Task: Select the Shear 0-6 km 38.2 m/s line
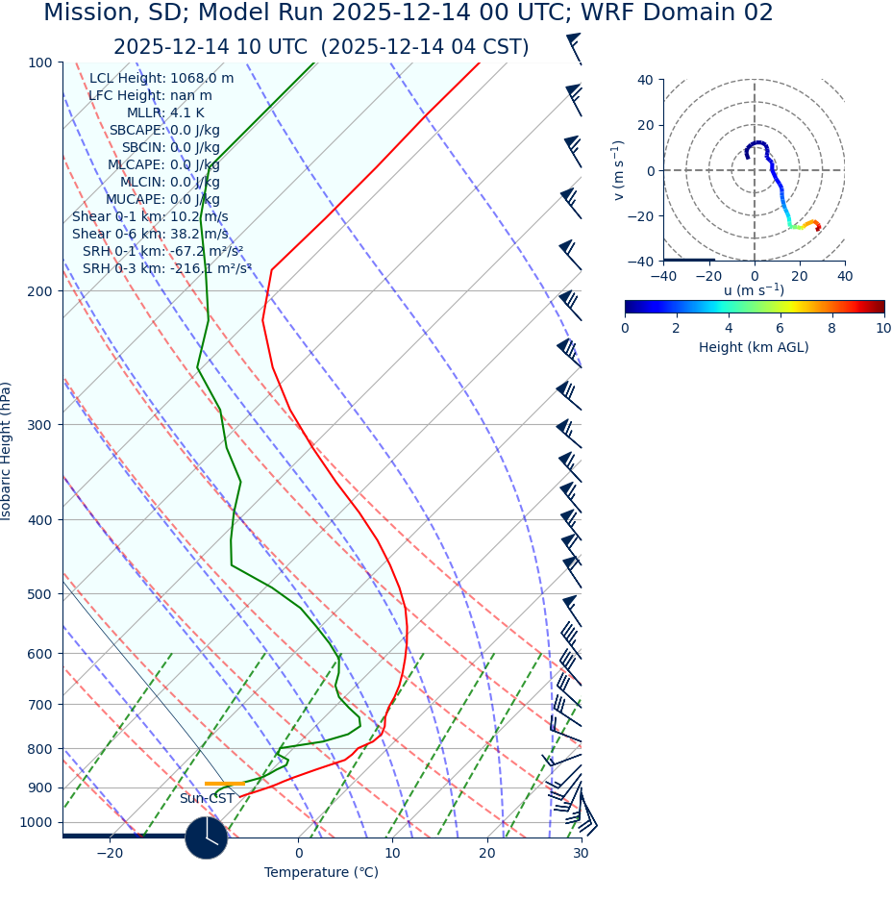pyautogui.click(x=150, y=235)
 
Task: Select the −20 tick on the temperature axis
pyautogui.click(x=110, y=853)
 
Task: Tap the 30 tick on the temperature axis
pyautogui.click(x=581, y=853)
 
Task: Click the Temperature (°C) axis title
pyautogui.click(x=321, y=873)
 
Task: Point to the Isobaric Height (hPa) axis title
pyautogui.click(x=7, y=451)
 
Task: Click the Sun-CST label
pyautogui.click(x=207, y=799)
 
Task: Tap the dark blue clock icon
pyautogui.click(x=206, y=837)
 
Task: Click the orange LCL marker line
pyautogui.click(x=224, y=784)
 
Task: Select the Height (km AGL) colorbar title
pyautogui.click(x=754, y=347)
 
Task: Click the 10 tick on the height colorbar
pyautogui.click(x=882, y=329)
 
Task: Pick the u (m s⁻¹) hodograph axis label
pyautogui.click(x=754, y=290)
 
